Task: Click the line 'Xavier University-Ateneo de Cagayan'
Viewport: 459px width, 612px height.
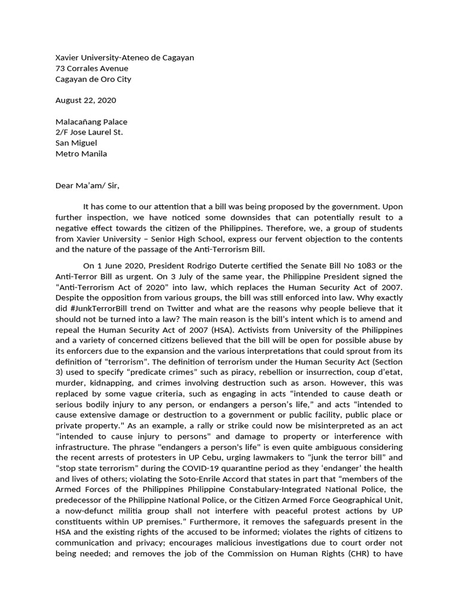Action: pyautogui.click(x=124, y=57)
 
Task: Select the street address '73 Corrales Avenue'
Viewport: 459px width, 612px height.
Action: pyautogui.click(x=91, y=68)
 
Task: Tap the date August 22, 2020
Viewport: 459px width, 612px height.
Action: pyautogui.click(x=85, y=100)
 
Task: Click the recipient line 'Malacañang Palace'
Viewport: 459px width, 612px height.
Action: pyautogui.click(x=91, y=122)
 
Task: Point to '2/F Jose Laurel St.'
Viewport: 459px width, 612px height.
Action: pyautogui.click(x=89, y=133)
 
